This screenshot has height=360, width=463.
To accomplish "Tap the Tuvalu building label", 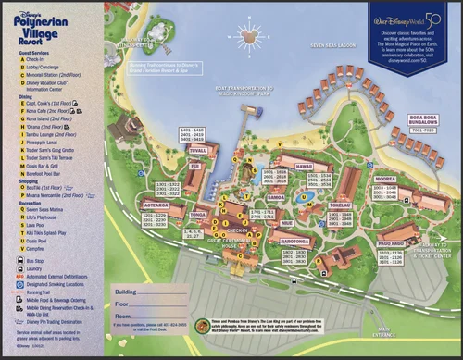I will tap(197, 147).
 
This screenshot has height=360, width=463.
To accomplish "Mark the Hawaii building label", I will tap(305, 166).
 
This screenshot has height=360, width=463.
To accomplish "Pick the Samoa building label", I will tap(274, 197).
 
